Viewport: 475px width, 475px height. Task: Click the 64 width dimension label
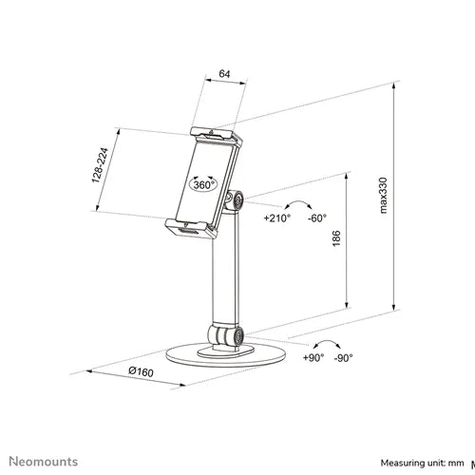pyautogui.click(x=224, y=74)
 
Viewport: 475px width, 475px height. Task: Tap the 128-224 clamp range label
pyautogui.click(x=100, y=165)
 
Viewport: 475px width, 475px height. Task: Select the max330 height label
pyautogui.click(x=383, y=195)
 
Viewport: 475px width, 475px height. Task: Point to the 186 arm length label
pyautogui.click(x=336, y=238)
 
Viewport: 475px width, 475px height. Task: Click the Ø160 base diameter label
pyautogui.click(x=142, y=371)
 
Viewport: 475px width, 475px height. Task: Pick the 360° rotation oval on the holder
pyautogui.click(x=203, y=184)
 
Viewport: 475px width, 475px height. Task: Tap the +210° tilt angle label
pyautogui.click(x=277, y=218)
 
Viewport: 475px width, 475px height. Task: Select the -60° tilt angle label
pyautogui.click(x=317, y=218)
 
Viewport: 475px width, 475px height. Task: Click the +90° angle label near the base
pyautogui.click(x=313, y=358)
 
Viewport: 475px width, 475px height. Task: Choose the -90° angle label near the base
pyautogui.click(x=344, y=358)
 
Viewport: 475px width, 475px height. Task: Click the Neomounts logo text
pyautogui.click(x=44, y=462)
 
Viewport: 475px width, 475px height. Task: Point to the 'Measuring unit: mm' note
pyautogui.click(x=422, y=463)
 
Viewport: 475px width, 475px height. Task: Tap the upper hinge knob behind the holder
pyautogui.click(x=235, y=200)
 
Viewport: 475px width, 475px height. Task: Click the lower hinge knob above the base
pyautogui.click(x=226, y=335)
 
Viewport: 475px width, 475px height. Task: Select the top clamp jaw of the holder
pyautogui.click(x=217, y=135)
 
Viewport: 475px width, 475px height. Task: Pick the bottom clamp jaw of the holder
pyautogui.click(x=191, y=228)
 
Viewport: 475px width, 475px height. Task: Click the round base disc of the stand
pyautogui.click(x=226, y=358)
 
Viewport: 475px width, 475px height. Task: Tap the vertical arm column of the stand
pyautogui.click(x=225, y=269)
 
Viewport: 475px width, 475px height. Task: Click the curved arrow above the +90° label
pyautogui.click(x=327, y=343)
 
